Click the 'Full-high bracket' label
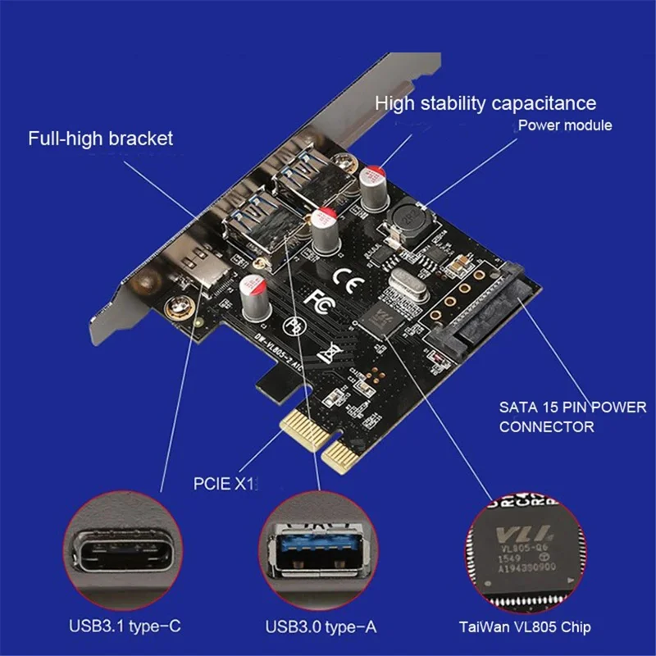tap(101, 138)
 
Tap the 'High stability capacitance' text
tap(485, 103)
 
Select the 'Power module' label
tap(565, 126)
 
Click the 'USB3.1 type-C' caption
tap(125, 627)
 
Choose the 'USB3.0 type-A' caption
tap(320, 627)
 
